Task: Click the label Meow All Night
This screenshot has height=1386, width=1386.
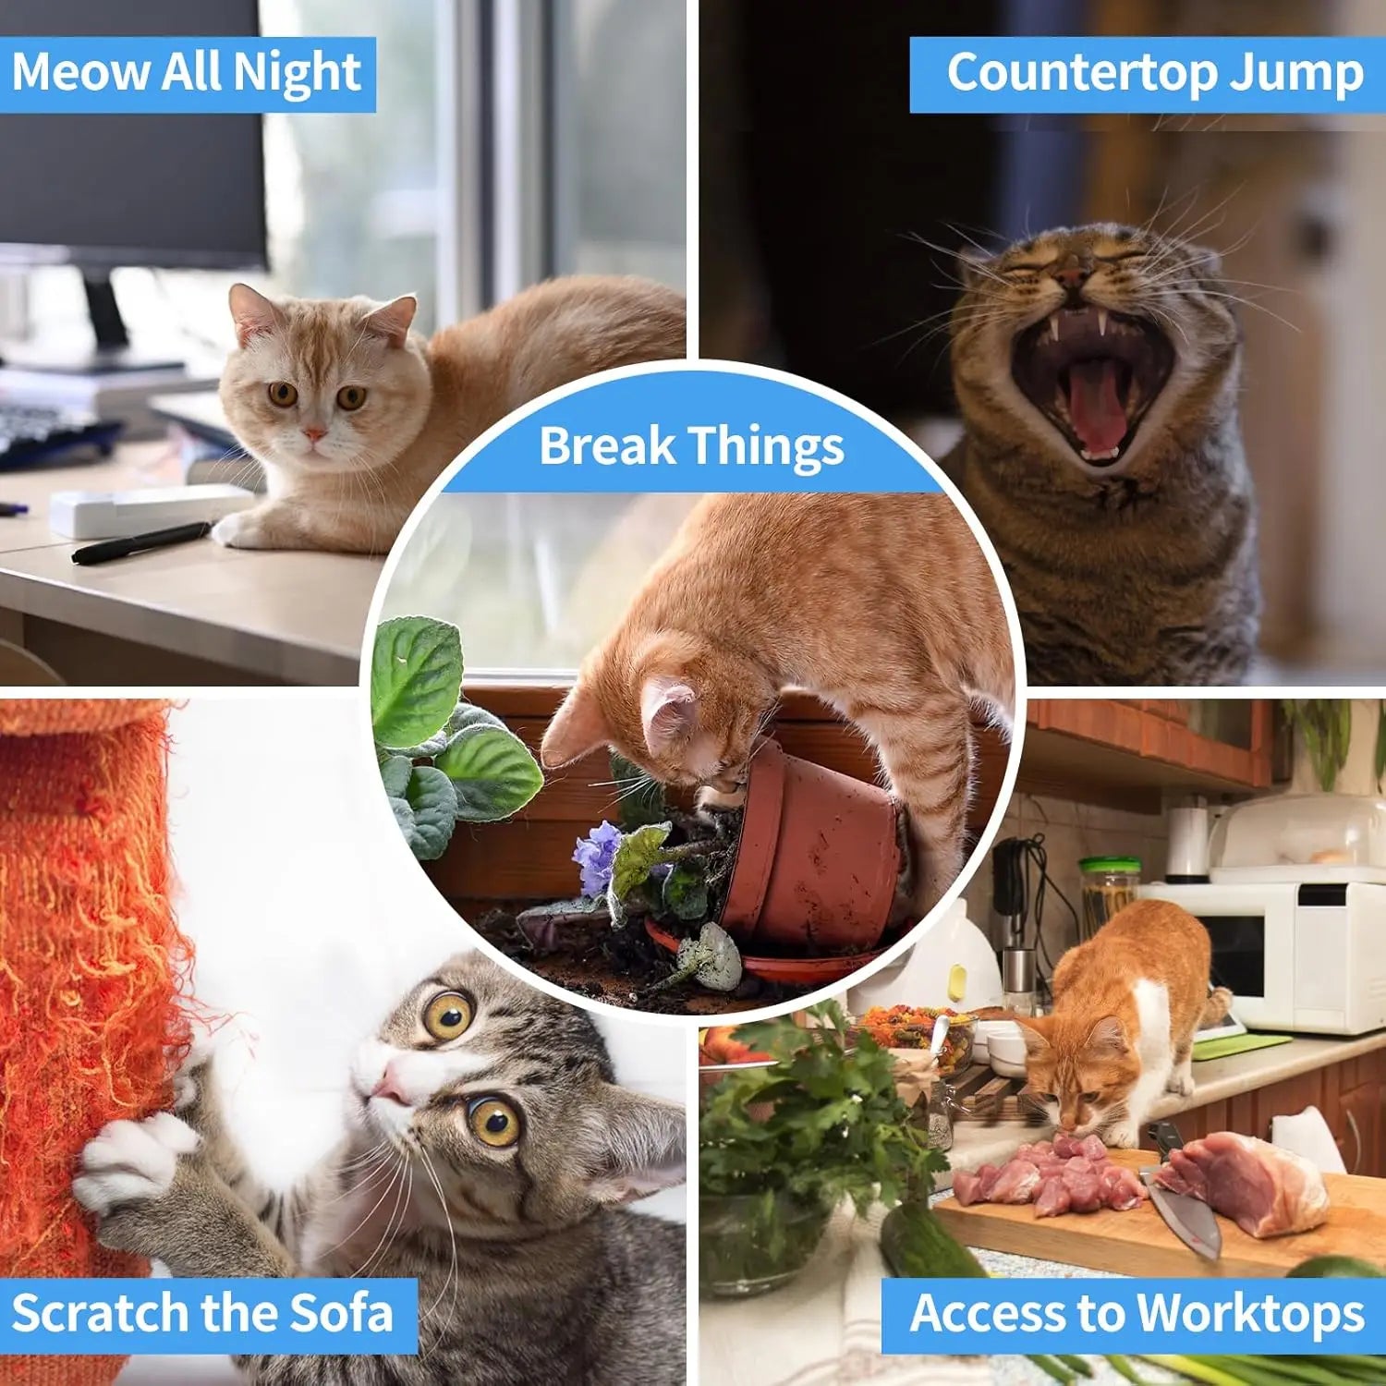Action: (187, 74)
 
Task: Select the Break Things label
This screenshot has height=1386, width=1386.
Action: (691, 446)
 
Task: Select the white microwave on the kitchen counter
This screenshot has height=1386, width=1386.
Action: (1294, 952)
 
